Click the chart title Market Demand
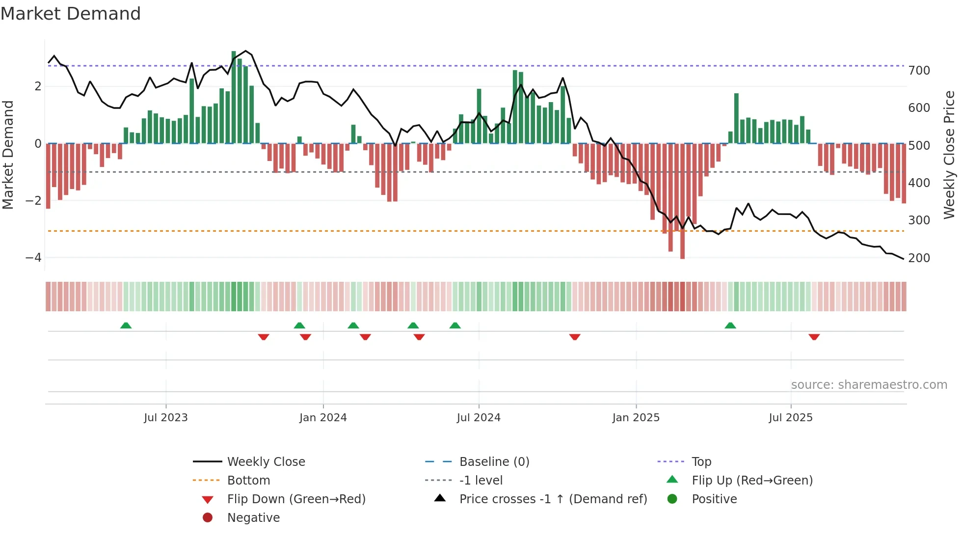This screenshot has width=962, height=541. coord(71,14)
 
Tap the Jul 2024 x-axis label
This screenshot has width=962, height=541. coord(479,418)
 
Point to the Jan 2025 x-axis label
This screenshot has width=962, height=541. coord(636,418)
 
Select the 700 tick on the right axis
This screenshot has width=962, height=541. coord(919,71)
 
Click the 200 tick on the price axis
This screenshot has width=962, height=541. coord(919,258)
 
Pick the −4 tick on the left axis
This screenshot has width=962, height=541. coord(33,258)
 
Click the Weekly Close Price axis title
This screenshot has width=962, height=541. coord(949,155)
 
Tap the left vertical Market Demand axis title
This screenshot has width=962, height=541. coord(8,155)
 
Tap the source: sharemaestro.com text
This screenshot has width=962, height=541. coord(869,385)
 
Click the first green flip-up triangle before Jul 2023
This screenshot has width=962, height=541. coord(126,325)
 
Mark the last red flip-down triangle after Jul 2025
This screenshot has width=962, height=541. coord(814,337)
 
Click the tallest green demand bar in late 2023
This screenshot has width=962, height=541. coord(234,98)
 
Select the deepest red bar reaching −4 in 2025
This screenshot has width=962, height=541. coord(682,201)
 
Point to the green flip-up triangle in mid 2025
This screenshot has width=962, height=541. coord(730,325)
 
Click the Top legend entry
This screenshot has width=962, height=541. coord(701,462)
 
